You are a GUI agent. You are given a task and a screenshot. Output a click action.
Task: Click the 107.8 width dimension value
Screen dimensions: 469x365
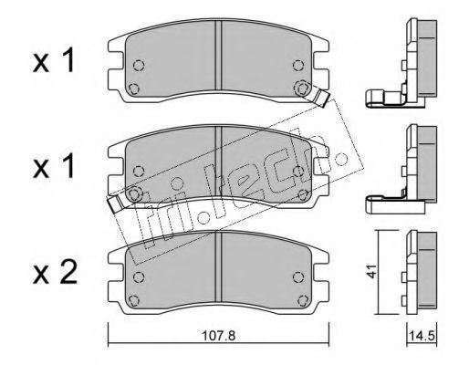(219, 336)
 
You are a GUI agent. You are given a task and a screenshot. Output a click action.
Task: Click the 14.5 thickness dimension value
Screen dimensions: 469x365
(422, 337)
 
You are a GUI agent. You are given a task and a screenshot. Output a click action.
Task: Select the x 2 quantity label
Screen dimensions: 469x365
(55, 273)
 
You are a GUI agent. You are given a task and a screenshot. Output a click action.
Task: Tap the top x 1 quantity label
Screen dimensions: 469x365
(54, 61)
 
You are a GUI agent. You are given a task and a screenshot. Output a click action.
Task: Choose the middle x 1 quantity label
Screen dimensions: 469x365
(54, 166)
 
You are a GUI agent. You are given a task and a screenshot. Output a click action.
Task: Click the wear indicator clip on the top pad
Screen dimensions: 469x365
(321, 97)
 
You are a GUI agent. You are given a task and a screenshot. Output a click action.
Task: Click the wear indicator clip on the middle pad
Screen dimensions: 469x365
(115, 203)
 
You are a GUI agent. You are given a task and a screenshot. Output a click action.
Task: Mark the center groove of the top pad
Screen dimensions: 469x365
(218, 56)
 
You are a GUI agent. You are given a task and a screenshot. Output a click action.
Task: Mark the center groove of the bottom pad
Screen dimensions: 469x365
(218, 267)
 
